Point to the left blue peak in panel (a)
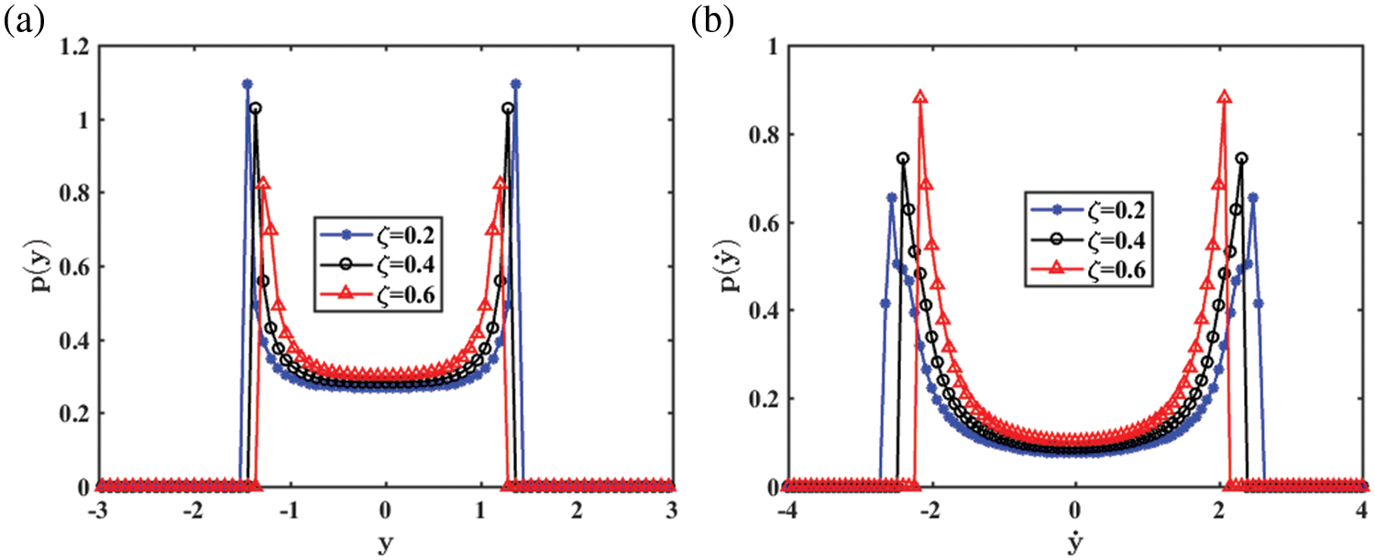click(x=247, y=84)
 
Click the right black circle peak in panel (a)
click(x=508, y=108)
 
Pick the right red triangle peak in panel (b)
click(x=1225, y=96)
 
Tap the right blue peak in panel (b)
click(x=1252, y=197)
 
